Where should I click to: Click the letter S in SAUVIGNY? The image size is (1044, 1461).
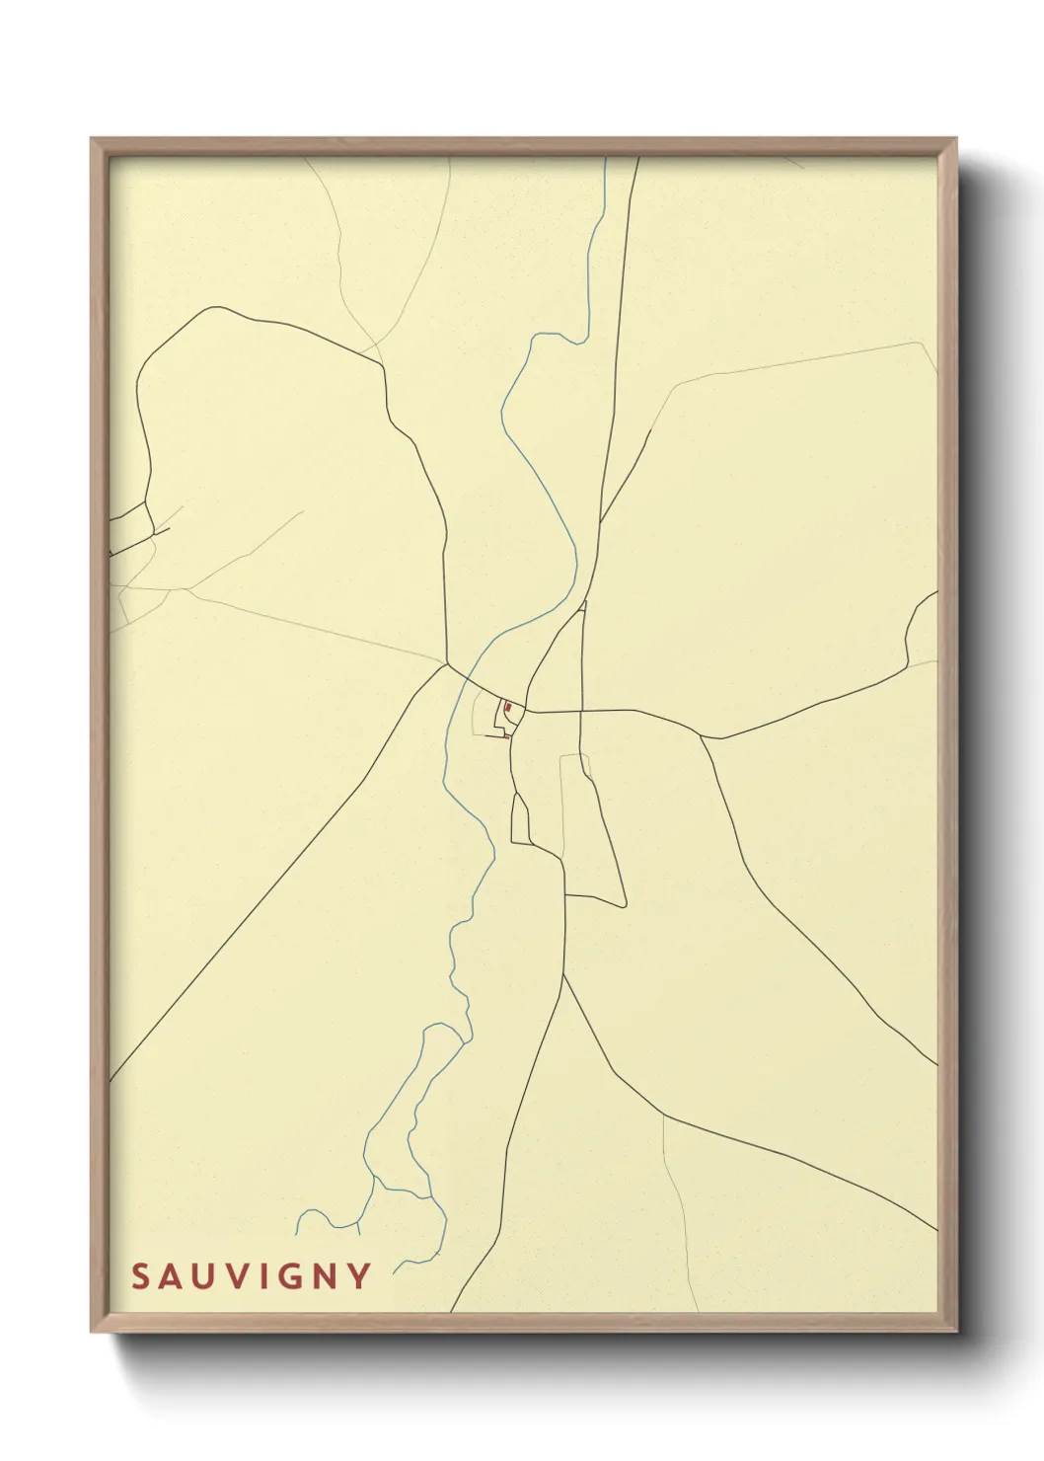pyautogui.click(x=140, y=1276)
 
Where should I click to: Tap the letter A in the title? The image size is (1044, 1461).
pyautogui.click(x=172, y=1276)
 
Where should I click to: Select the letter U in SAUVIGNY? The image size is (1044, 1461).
pyautogui.click(x=204, y=1276)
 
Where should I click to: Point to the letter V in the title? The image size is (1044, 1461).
pyautogui.click(x=238, y=1276)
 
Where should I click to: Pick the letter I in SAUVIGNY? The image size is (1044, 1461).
pyautogui.click(x=264, y=1276)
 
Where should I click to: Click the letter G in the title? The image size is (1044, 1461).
pyautogui.click(x=291, y=1276)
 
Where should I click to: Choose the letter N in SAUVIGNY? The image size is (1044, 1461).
pyautogui.click(x=326, y=1276)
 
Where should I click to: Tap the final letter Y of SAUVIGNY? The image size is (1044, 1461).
pyautogui.click(x=358, y=1276)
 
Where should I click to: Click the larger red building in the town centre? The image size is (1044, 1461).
pyautogui.click(x=508, y=708)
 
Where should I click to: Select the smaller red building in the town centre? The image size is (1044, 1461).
pyautogui.click(x=506, y=735)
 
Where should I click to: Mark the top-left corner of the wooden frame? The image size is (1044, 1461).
pyautogui.click(x=92, y=139)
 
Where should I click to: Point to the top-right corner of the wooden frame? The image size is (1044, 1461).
pyautogui.click(x=956, y=139)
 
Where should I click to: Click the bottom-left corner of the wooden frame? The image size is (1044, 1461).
pyautogui.click(x=92, y=1332)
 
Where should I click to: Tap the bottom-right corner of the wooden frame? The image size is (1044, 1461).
pyautogui.click(x=956, y=1332)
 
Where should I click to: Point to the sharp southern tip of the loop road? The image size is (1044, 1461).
pyautogui.click(x=624, y=905)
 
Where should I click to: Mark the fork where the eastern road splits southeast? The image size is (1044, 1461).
pyautogui.click(x=702, y=735)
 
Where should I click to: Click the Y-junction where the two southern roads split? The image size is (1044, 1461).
pyautogui.click(x=563, y=974)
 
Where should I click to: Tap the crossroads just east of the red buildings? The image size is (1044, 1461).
pyautogui.click(x=581, y=711)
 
